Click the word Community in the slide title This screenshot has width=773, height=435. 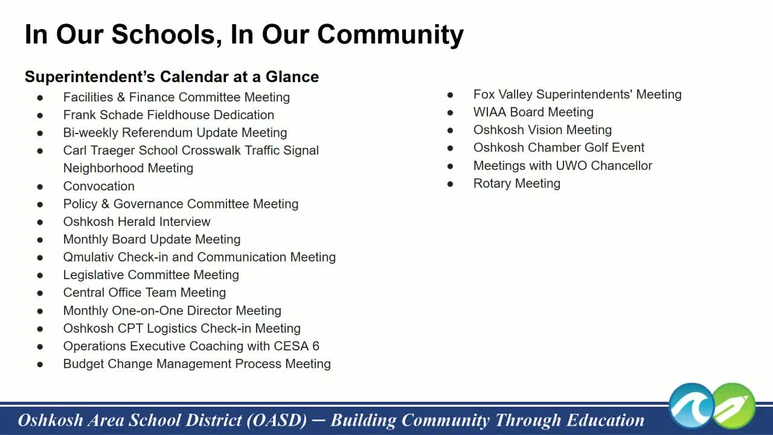[390, 34]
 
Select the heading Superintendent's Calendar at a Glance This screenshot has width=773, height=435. [172, 77]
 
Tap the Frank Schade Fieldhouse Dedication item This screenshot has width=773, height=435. [168, 115]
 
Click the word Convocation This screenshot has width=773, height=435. [99, 186]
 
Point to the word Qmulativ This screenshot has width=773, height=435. [89, 257]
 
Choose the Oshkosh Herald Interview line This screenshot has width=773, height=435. [136, 222]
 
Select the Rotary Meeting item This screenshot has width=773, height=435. [516, 183]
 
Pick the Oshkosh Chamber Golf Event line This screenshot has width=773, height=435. [559, 147]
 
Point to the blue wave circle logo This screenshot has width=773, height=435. [692, 405]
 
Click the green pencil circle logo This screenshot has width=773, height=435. [734, 405]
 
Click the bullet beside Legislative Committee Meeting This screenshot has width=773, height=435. [40, 275]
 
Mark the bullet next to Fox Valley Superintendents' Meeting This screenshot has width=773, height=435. [451, 95]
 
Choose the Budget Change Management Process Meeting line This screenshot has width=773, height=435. [197, 364]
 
